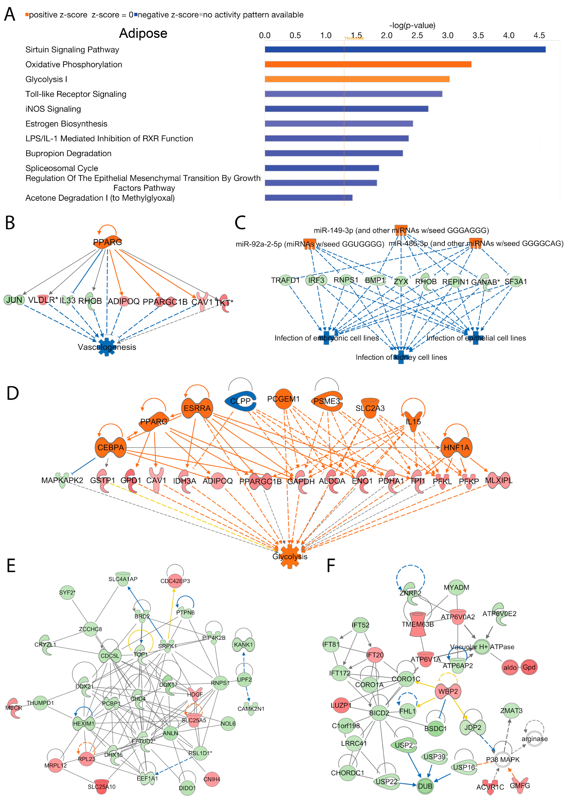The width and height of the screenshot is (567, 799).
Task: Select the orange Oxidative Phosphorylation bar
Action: tap(368, 64)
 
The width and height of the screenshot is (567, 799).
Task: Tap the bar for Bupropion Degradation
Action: tap(334, 153)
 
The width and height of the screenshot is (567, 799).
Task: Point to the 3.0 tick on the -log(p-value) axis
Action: tap(448, 35)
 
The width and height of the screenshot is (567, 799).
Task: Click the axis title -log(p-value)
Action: tap(412, 25)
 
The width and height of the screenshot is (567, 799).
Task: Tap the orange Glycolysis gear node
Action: tap(290, 556)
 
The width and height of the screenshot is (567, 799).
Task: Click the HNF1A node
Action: tap(456, 447)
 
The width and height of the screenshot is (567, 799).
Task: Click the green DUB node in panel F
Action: tap(425, 786)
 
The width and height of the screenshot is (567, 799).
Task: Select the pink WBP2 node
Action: tap(448, 691)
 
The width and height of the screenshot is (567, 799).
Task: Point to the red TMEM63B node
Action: tap(418, 624)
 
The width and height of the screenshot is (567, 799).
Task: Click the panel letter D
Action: tap(13, 393)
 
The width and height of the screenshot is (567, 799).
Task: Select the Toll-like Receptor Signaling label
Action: tap(76, 94)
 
